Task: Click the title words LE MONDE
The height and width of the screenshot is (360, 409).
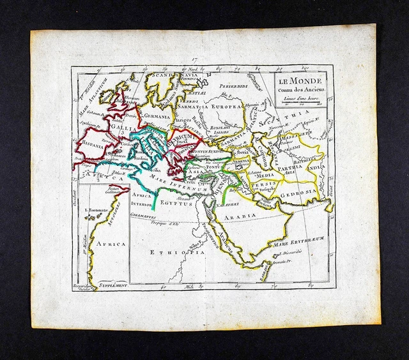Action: pos(300,81)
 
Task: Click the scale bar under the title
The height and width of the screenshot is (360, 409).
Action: pos(300,102)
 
